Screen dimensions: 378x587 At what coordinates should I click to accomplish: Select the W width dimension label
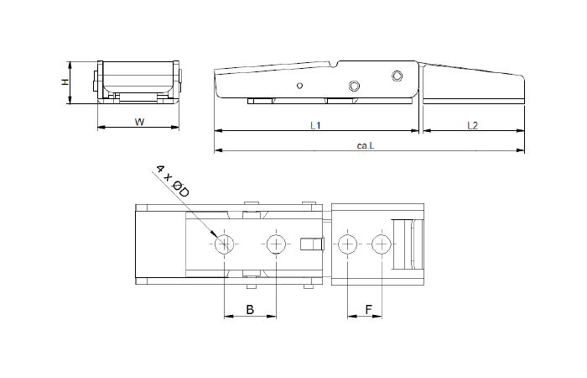pos(139,122)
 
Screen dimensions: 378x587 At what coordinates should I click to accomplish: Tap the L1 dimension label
pos(315,126)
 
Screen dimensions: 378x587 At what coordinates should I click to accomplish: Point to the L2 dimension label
pos(472,126)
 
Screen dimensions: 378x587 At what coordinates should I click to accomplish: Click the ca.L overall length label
pos(365,145)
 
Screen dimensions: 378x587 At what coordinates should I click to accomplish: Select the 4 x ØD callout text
pos(173,181)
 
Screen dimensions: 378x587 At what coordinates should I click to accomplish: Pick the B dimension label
pos(249,310)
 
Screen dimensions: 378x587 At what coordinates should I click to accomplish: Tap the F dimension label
pos(368,310)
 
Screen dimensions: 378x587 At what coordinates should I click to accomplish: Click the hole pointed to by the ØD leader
pos(224,244)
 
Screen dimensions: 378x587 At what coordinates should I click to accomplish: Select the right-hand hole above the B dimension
pos(276,244)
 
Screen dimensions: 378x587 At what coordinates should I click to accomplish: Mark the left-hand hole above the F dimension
pos(346,244)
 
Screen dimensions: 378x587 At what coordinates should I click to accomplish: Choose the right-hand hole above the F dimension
pos(382,244)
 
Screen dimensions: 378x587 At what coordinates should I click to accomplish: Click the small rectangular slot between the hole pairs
pos(311,244)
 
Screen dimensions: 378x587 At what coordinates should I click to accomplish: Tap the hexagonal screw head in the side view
pos(354,86)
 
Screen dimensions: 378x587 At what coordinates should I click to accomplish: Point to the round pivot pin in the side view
pos(397,76)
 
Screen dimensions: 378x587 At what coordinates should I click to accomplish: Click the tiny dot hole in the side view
pos(299,86)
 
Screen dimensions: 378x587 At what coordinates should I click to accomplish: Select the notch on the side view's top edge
pos(335,64)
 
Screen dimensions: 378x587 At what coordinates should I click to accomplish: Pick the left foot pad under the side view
pos(259,102)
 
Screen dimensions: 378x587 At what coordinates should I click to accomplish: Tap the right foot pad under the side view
pos(340,102)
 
